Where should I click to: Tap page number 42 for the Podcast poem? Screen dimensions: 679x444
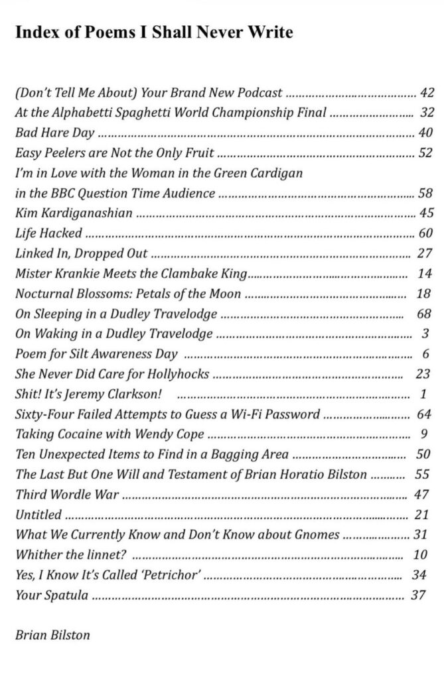(427, 92)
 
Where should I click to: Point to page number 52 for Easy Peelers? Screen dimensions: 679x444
(425, 153)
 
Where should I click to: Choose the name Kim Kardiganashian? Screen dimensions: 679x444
(73, 214)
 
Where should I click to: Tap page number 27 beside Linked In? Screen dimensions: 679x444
(425, 254)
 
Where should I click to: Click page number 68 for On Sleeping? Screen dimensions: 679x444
(425, 314)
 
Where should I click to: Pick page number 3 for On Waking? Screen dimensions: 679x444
(425, 334)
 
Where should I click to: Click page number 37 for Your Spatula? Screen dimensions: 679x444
(418, 595)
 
